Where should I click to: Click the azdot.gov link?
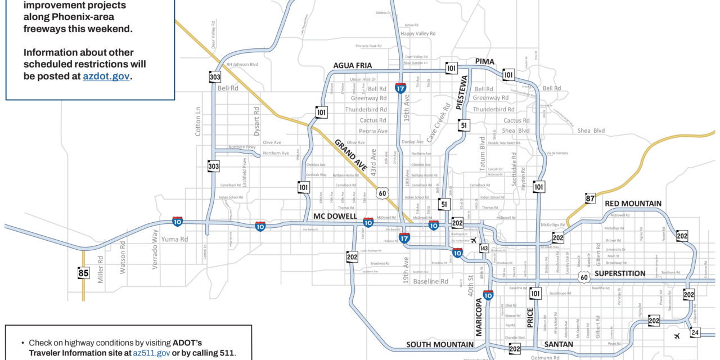pos(106,76)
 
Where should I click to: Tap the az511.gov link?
pos(151,353)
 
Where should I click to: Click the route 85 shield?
pos(83,273)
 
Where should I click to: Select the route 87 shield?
pos(589,198)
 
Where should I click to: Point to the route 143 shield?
pos(484,248)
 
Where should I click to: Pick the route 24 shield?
pos(695,332)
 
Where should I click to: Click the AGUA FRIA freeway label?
pos(353,66)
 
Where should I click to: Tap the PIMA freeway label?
pos(484,61)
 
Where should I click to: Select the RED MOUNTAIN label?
pos(633,203)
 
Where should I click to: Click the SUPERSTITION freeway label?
pos(620,273)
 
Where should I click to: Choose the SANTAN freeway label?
pos(559,344)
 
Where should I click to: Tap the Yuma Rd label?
pos(175,239)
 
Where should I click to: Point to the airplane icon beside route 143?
pos(473,240)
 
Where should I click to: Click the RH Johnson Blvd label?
pos(242,65)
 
